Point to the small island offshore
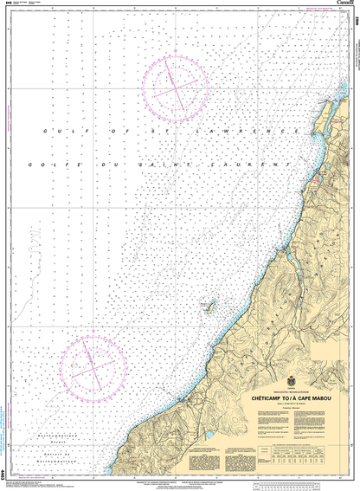click(208, 305)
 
